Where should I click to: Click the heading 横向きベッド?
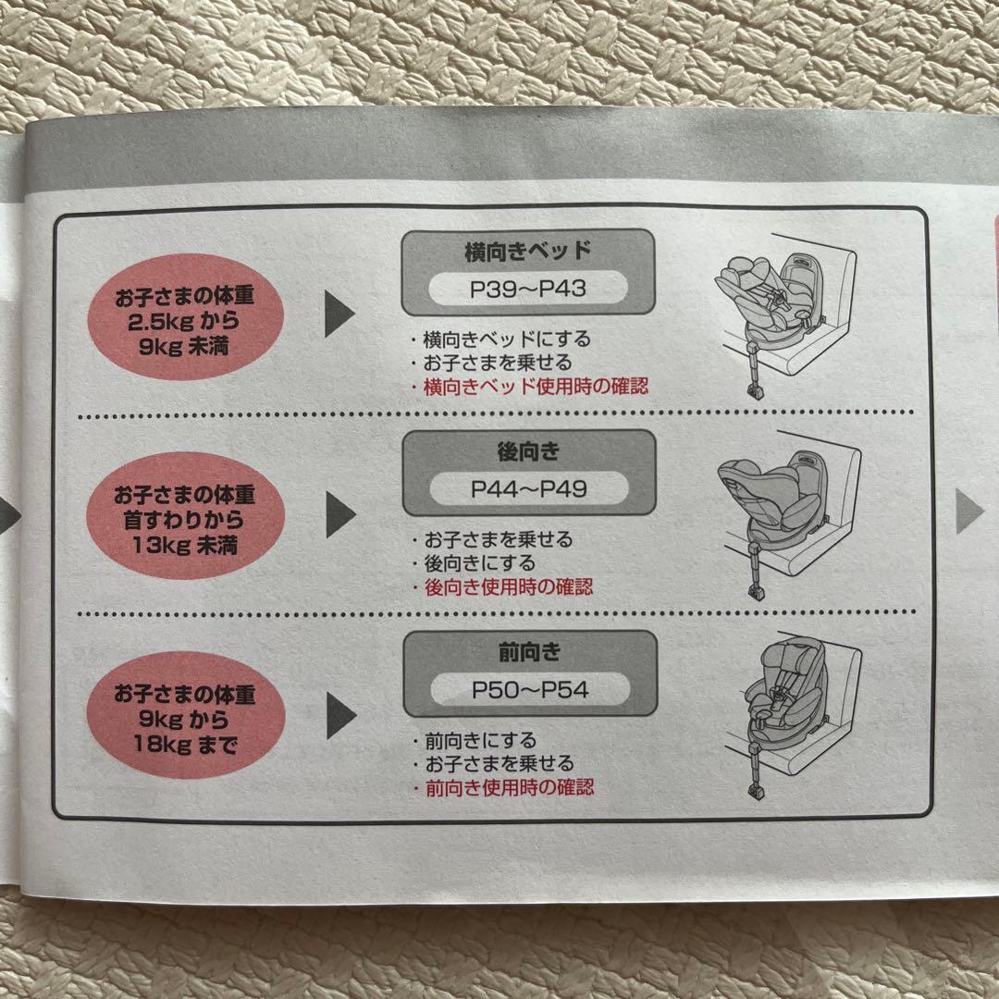(528, 251)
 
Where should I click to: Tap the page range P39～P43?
(528, 289)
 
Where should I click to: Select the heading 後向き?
(528, 452)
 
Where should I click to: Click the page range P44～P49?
(528, 489)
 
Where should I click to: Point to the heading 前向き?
(528, 653)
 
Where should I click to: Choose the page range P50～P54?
(528, 690)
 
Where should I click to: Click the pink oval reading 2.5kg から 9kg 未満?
(184, 317)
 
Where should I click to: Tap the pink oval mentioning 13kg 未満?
(184, 518)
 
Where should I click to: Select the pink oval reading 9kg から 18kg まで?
(184, 716)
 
